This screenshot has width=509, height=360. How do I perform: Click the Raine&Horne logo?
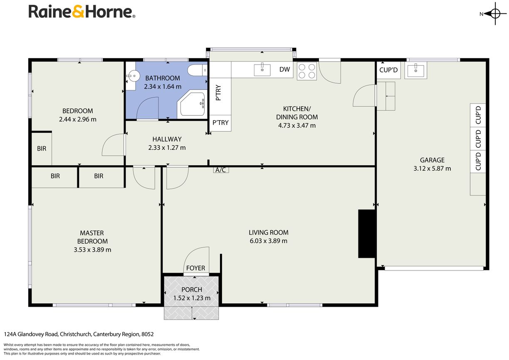[x=82, y=12]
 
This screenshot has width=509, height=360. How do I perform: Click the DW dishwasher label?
[x=284, y=70]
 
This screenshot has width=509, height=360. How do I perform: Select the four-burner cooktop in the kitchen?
[x=306, y=71]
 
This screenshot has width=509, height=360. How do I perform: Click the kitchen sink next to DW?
[x=262, y=69]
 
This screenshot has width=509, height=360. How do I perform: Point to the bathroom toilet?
[x=198, y=70]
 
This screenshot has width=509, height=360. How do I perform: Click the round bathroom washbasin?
[x=133, y=76]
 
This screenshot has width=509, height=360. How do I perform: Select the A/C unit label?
[x=221, y=170]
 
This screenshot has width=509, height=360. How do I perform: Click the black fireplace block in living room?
[x=366, y=233]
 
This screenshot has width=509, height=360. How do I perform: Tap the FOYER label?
[x=195, y=268]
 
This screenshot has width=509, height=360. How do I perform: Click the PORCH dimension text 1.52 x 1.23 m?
[x=192, y=298]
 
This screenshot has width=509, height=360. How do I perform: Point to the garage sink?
[x=415, y=70]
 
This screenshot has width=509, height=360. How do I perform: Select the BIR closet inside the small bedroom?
[x=42, y=149]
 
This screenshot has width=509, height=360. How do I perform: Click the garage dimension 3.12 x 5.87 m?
[x=432, y=169]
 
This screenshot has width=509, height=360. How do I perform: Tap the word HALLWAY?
[x=167, y=139]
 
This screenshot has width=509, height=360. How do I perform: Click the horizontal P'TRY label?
[x=220, y=123]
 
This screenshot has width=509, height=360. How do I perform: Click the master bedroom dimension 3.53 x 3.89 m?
[x=92, y=250]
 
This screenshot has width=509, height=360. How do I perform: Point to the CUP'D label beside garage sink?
[x=388, y=70]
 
